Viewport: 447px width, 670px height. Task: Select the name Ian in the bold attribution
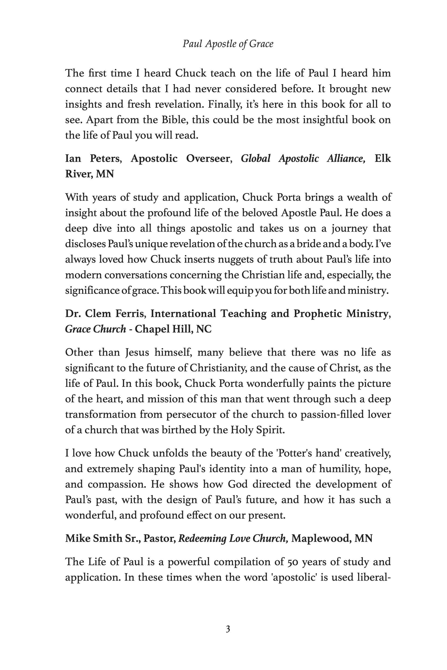[73, 158]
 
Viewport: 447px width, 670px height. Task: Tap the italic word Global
[255, 158]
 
